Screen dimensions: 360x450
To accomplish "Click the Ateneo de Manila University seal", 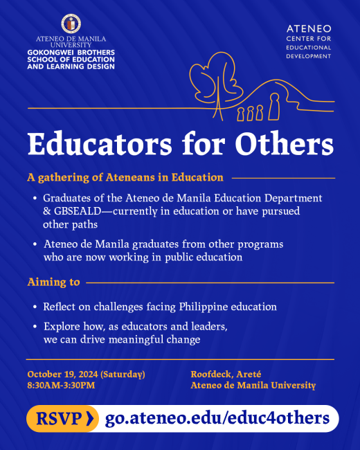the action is point(70,24).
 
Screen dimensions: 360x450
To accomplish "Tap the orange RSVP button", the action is point(62,419).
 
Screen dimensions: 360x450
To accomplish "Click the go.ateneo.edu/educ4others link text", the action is point(217,419).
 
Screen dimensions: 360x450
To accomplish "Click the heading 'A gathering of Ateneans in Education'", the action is point(125,178).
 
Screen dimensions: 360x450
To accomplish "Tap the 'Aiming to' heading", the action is point(53,282).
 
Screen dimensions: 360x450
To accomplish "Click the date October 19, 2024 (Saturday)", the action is point(86,374).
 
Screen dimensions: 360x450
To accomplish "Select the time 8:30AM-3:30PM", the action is point(61,386).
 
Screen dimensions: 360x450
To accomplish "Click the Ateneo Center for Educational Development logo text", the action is point(308,42).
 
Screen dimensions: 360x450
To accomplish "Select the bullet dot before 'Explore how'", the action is point(35,327).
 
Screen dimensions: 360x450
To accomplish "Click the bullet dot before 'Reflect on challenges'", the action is point(35,307).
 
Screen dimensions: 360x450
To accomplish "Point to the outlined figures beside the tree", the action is point(259,110).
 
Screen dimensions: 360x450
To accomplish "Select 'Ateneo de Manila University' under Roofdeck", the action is point(253,386).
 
